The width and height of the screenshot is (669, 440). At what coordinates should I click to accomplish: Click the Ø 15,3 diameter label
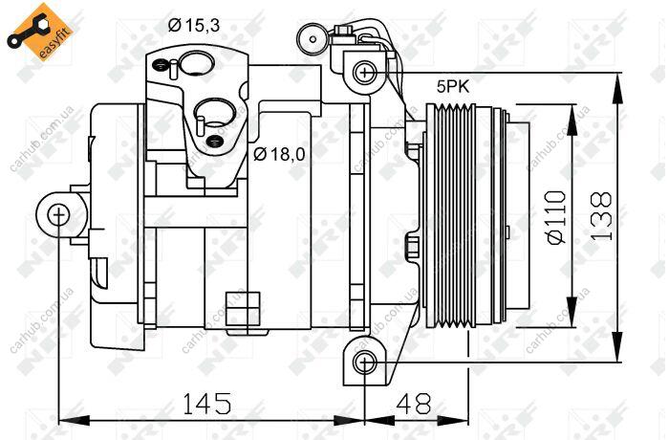[194, 26]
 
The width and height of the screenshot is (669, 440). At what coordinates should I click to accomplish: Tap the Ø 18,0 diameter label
[279, 154]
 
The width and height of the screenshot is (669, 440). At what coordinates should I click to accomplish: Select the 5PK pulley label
[452, 87]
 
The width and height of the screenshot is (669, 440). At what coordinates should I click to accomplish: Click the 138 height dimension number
[601, 216]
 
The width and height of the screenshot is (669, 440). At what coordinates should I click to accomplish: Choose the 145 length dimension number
[207, 404]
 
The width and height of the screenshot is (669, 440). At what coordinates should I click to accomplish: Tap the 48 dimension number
[414, 404]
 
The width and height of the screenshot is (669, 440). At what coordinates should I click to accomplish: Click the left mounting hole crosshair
[58, 214]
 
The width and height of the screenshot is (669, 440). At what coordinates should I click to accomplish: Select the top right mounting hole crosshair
[365, 72]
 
